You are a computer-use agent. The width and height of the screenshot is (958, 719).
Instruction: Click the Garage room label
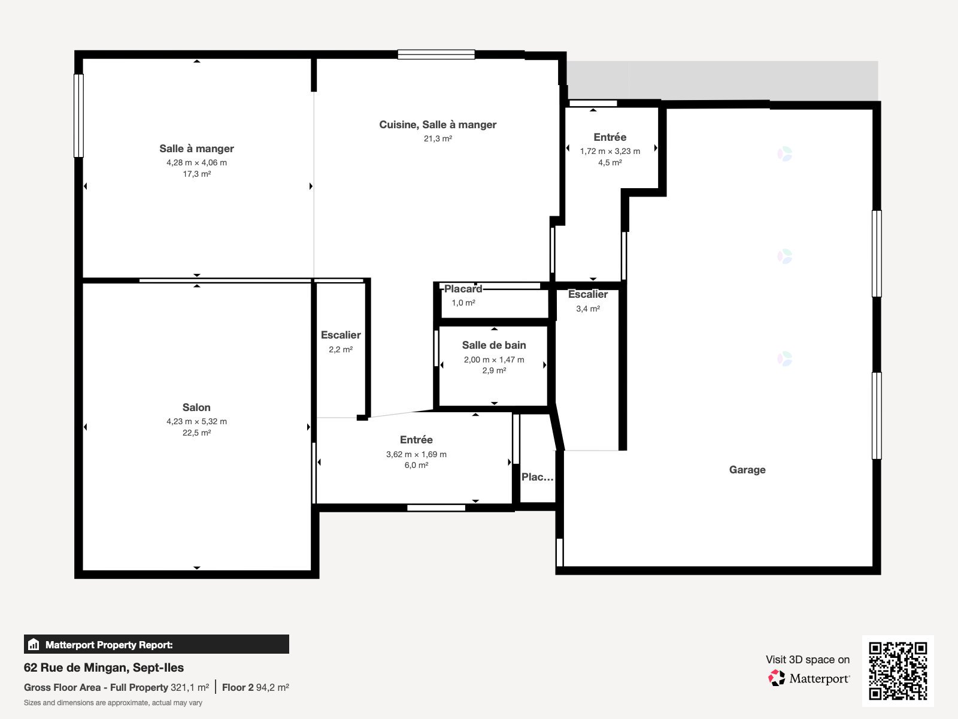tap(747, 470)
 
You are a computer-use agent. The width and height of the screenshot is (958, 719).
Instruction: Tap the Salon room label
tap(196, 407)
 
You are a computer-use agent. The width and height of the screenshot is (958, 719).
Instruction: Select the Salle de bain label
tap(493, 345)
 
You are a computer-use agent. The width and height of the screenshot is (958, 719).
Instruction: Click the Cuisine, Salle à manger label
tap(437, 125)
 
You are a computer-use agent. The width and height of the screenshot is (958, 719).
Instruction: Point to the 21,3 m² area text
tap(437, 138)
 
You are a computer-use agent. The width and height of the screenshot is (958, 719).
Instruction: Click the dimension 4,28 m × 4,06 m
tap(196, 162)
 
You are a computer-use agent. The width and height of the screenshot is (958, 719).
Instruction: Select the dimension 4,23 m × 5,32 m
tap(196, 421)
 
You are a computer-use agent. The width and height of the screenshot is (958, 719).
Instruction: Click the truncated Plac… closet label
tap(537, 477)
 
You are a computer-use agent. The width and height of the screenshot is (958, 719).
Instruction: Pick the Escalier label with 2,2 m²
tap(340, 336)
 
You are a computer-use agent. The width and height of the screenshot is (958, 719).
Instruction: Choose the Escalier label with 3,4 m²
tap(587, 294)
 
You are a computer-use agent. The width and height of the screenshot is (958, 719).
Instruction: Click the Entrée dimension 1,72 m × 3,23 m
tap(610, 151)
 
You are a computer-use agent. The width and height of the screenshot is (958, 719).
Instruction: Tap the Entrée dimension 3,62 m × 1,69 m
tap(416, 454)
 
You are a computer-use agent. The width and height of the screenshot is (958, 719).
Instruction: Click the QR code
tap(898, 670)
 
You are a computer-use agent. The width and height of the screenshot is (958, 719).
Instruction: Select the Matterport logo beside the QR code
tap(809, 678)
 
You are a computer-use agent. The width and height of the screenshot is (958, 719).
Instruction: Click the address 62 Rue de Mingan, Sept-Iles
tap(104, 667)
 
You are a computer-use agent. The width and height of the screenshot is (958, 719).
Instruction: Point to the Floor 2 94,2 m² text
tap(255, 687)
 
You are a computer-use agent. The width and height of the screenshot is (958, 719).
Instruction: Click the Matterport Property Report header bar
tap(156, 645)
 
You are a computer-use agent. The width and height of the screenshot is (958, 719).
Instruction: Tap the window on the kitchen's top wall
tap(436, 55)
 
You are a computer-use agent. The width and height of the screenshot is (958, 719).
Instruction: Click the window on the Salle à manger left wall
tap(78, 115)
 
